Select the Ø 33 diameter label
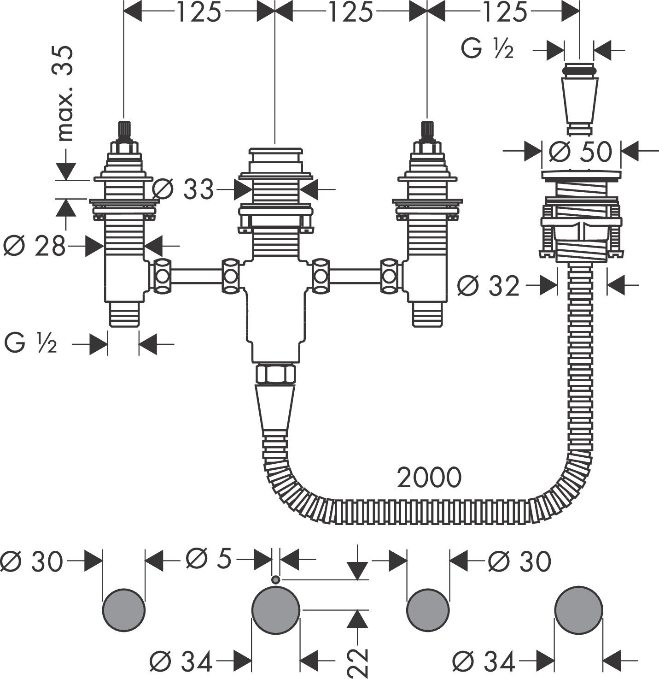click(183, 189)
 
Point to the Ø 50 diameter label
click(581, 151)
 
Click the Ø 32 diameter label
click(488, 287)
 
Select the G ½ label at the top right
click(487, 50)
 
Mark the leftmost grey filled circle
click(123, 610)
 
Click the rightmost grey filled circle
click(578, 610)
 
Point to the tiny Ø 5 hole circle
click(275, 580)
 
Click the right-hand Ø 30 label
click(519, 561)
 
